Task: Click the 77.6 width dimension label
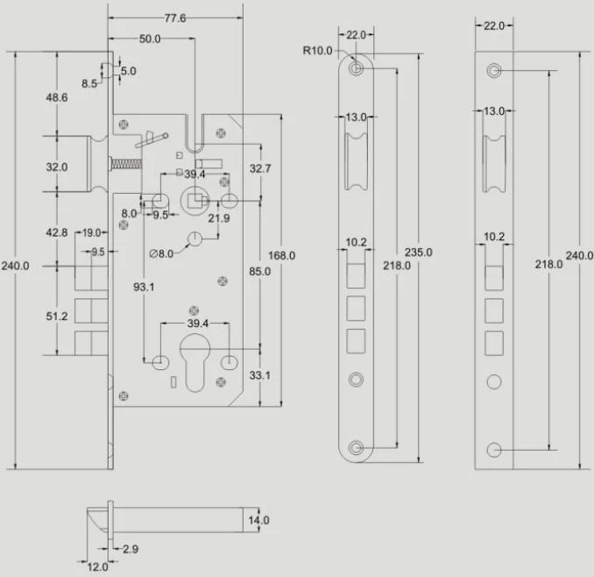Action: pos(175,18)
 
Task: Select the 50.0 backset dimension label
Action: pos(150,39)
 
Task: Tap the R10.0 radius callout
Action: pos(317,50)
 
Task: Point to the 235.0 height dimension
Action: pos(418,252)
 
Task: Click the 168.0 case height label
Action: pos(281,255)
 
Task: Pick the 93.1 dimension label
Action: pos(144,287)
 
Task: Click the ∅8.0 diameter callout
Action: pos(161,253)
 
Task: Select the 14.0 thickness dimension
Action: pos(258,520)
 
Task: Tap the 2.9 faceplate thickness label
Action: pos(131,549)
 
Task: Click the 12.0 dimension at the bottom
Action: pos(97,567)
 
